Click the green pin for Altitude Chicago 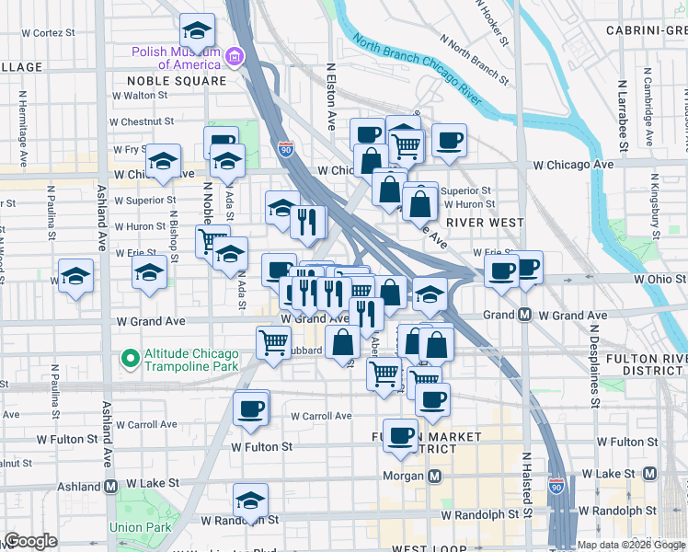click(130, 356)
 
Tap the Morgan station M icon click(435, 476)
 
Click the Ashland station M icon click(111, 486)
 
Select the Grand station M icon click(524, 315)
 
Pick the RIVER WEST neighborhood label click(485, 223)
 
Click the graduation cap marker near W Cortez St click(197, 31)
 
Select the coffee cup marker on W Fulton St click(399, 435)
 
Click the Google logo click(31, 542)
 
